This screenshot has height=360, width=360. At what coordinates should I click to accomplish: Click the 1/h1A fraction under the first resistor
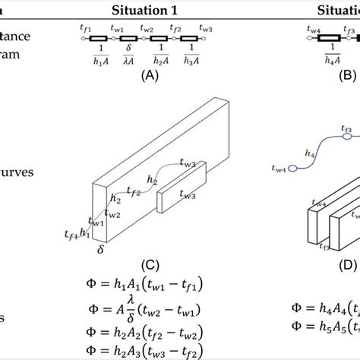[x=99, y=55]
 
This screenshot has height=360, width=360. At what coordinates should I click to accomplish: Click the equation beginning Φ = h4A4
[x=325, y=310]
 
